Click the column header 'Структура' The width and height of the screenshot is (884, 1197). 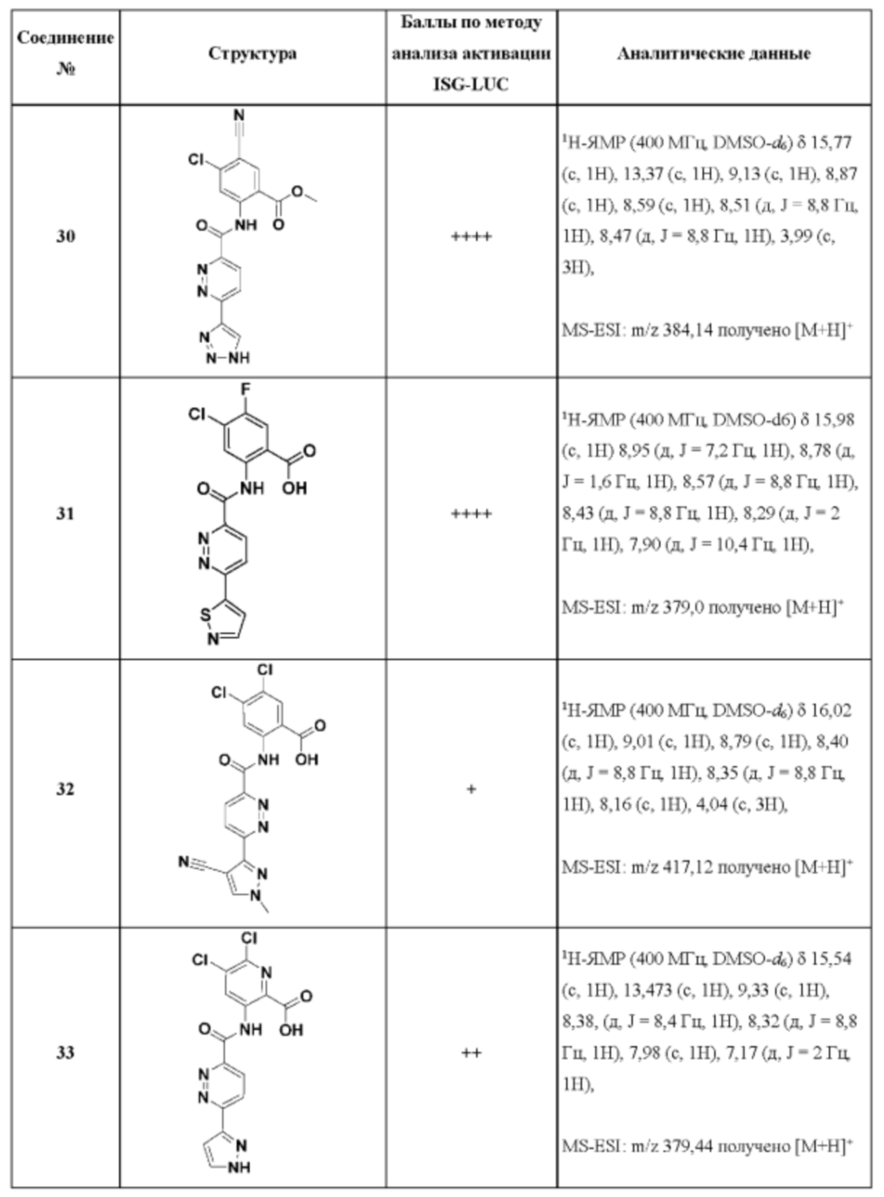[252, 53]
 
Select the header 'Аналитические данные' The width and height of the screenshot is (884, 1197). [714, 53]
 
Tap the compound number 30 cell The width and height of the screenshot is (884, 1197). [66, 236]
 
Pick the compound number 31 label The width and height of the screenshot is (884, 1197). [66, 514]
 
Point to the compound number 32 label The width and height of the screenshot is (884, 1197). [66, 789]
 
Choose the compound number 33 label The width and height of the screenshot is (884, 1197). [66, 1053]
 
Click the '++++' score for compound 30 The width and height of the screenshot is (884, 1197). [471, 236]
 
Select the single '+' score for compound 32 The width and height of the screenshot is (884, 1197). [471, 789]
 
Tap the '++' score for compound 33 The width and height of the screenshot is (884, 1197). [471, 1053]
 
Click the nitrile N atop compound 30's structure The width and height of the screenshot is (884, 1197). [239, 116]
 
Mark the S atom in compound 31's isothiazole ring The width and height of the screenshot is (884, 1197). [205, 616]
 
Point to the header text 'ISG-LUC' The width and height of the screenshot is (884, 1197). [471, 85]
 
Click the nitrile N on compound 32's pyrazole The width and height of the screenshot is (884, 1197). [183, 862]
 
